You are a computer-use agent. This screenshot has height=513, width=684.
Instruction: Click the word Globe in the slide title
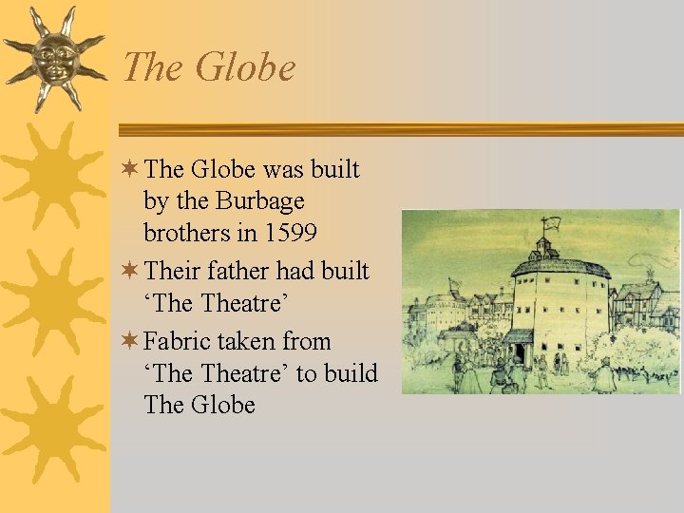click(x=245, y=67)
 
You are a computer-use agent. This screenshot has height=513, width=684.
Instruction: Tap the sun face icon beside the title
click(x=54, y=57)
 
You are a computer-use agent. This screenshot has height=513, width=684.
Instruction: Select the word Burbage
click(x=259, y=201)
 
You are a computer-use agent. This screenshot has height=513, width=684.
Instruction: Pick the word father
click(x=236, y=272)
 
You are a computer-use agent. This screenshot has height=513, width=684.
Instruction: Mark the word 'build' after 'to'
click(x=351, y=373)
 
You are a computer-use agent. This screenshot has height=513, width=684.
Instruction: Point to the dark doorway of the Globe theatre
click(x=518, y=353)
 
